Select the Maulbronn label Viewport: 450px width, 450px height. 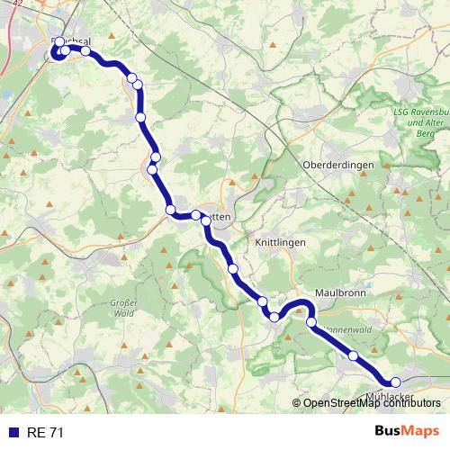342,293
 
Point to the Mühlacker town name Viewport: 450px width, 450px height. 391,397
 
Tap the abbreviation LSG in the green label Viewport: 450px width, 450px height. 402,112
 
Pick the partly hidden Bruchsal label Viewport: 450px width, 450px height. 76,41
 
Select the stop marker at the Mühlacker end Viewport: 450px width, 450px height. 395,382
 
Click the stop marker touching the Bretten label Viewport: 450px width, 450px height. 206,220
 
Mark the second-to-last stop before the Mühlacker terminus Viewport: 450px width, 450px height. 354,356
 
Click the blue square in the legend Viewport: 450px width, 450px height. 13,433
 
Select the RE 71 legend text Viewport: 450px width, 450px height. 45,433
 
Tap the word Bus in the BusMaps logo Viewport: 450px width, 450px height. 389,432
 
